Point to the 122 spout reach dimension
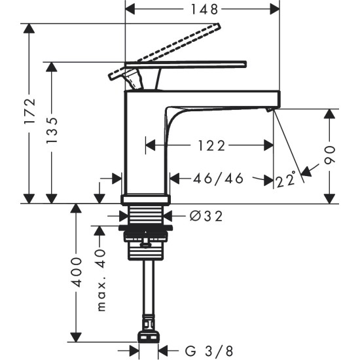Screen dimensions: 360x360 point(209,145)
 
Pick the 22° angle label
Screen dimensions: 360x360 point(286,179)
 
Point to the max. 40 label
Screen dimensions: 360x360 point(100,280)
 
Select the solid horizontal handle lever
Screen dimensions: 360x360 point(196,64)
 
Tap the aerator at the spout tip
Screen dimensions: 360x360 point(270,110)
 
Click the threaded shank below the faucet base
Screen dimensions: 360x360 point(146,215)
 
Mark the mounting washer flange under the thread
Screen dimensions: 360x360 point(146,228)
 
